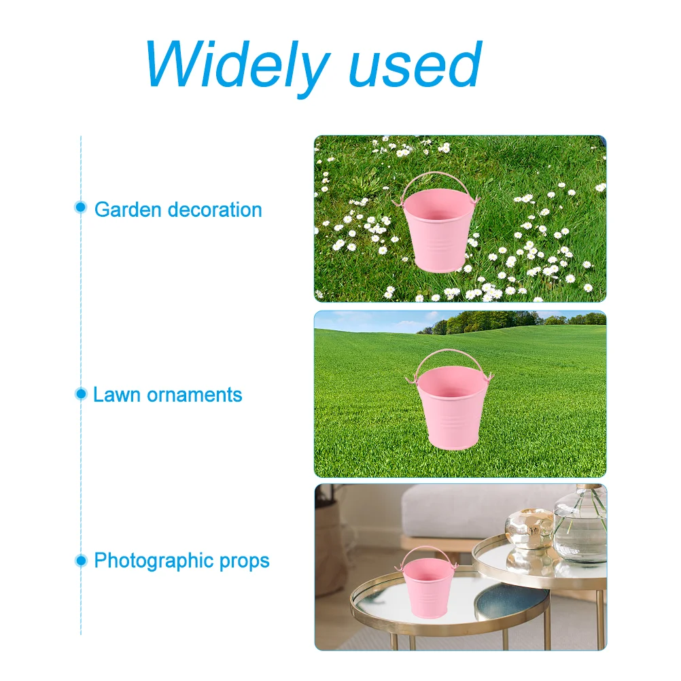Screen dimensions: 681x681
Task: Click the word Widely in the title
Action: (237, 67)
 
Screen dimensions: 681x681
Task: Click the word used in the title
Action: (415, 65)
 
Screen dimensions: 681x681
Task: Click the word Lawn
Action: (116, 395)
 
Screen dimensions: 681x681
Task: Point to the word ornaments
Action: (194, 396)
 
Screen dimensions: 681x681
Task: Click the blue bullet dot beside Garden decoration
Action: (80, 207)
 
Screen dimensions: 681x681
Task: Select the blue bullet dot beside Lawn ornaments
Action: (81, 394)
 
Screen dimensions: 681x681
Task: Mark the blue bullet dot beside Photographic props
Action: (81, 560)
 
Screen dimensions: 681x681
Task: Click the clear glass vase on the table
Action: (580, 525)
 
